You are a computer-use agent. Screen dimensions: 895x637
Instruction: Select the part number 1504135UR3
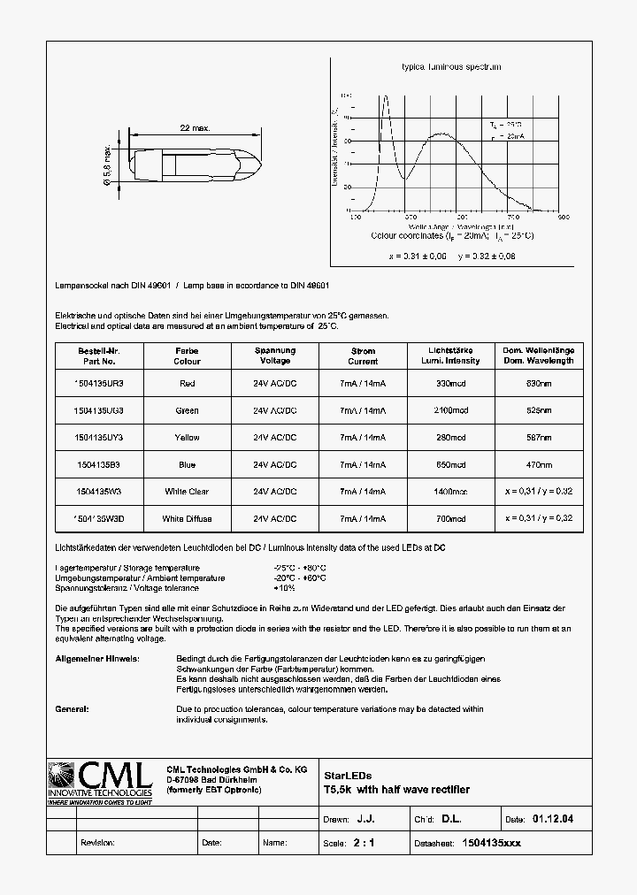pyautogui.click(x=97, y=384)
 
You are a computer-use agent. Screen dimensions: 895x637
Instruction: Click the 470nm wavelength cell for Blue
pyautogui.click(x=539, y=464)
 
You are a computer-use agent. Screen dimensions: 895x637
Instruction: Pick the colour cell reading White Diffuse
pyautogui.click(x=187, y=518)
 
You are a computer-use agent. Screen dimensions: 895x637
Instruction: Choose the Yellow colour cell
pyautogui.click(x=187, y=438)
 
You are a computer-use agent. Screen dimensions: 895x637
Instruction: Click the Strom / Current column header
pyautogui.click(x=363, y=356)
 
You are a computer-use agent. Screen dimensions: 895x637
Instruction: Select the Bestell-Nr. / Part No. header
pyautogui.click(x=97, y=356)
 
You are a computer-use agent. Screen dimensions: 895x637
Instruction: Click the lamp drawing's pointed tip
pyautogui.click(x=260, y=164)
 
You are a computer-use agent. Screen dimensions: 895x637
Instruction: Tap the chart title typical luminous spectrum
pyautogui.click(x=451, y=67)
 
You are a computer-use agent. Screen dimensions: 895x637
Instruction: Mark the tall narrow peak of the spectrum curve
pyautogui.click(x=386, y=97)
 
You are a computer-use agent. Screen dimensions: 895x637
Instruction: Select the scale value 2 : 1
pyautogui.click(x=364, y=843)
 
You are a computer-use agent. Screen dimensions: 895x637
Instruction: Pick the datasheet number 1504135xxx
pyautogui.click(x=492, y=843)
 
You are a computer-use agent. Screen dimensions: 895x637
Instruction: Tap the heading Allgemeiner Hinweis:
pyautogui.click(x=96, y=659)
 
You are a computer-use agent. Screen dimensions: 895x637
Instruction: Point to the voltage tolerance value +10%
pyautogui.click(x=286, y=588)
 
